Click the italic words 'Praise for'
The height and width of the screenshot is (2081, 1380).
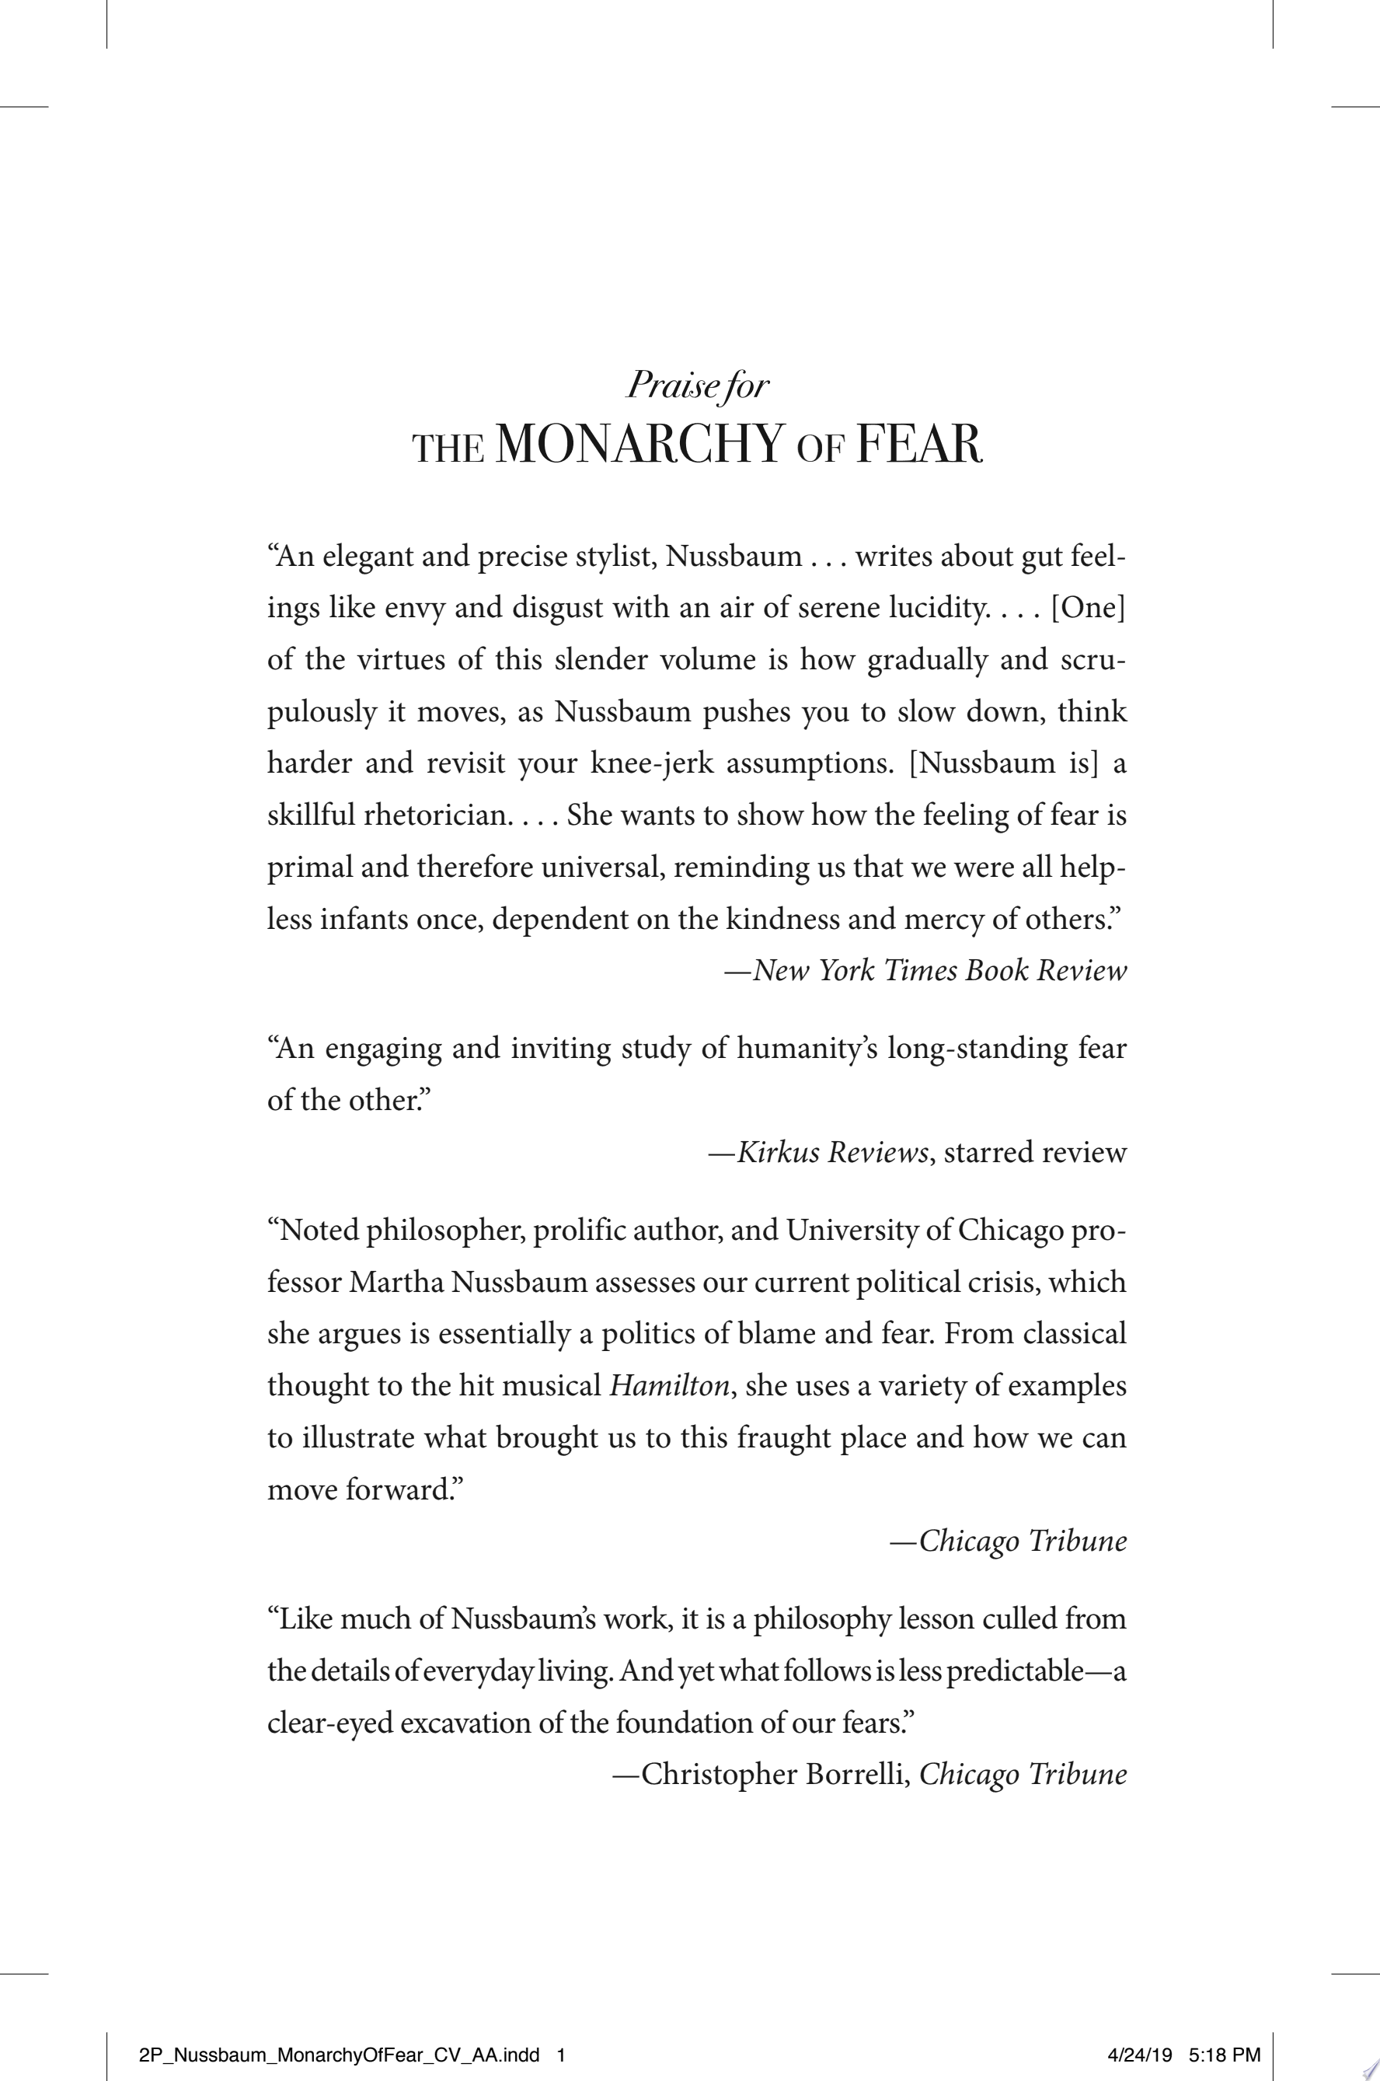[x=697, y=386]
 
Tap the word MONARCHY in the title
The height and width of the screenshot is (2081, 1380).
[x=639, y=444]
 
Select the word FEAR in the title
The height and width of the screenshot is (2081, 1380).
[x=918, y=444]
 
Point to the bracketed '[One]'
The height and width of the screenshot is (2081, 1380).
[x=1089, y=608]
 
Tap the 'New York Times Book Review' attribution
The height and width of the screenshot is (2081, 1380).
[x=939, y=970]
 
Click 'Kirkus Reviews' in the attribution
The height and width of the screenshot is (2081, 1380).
[x=831, y=1152]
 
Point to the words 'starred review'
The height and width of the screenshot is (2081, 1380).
[x=1035, y=1152]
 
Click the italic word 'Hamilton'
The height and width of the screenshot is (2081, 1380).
[x=670, y=1385]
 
